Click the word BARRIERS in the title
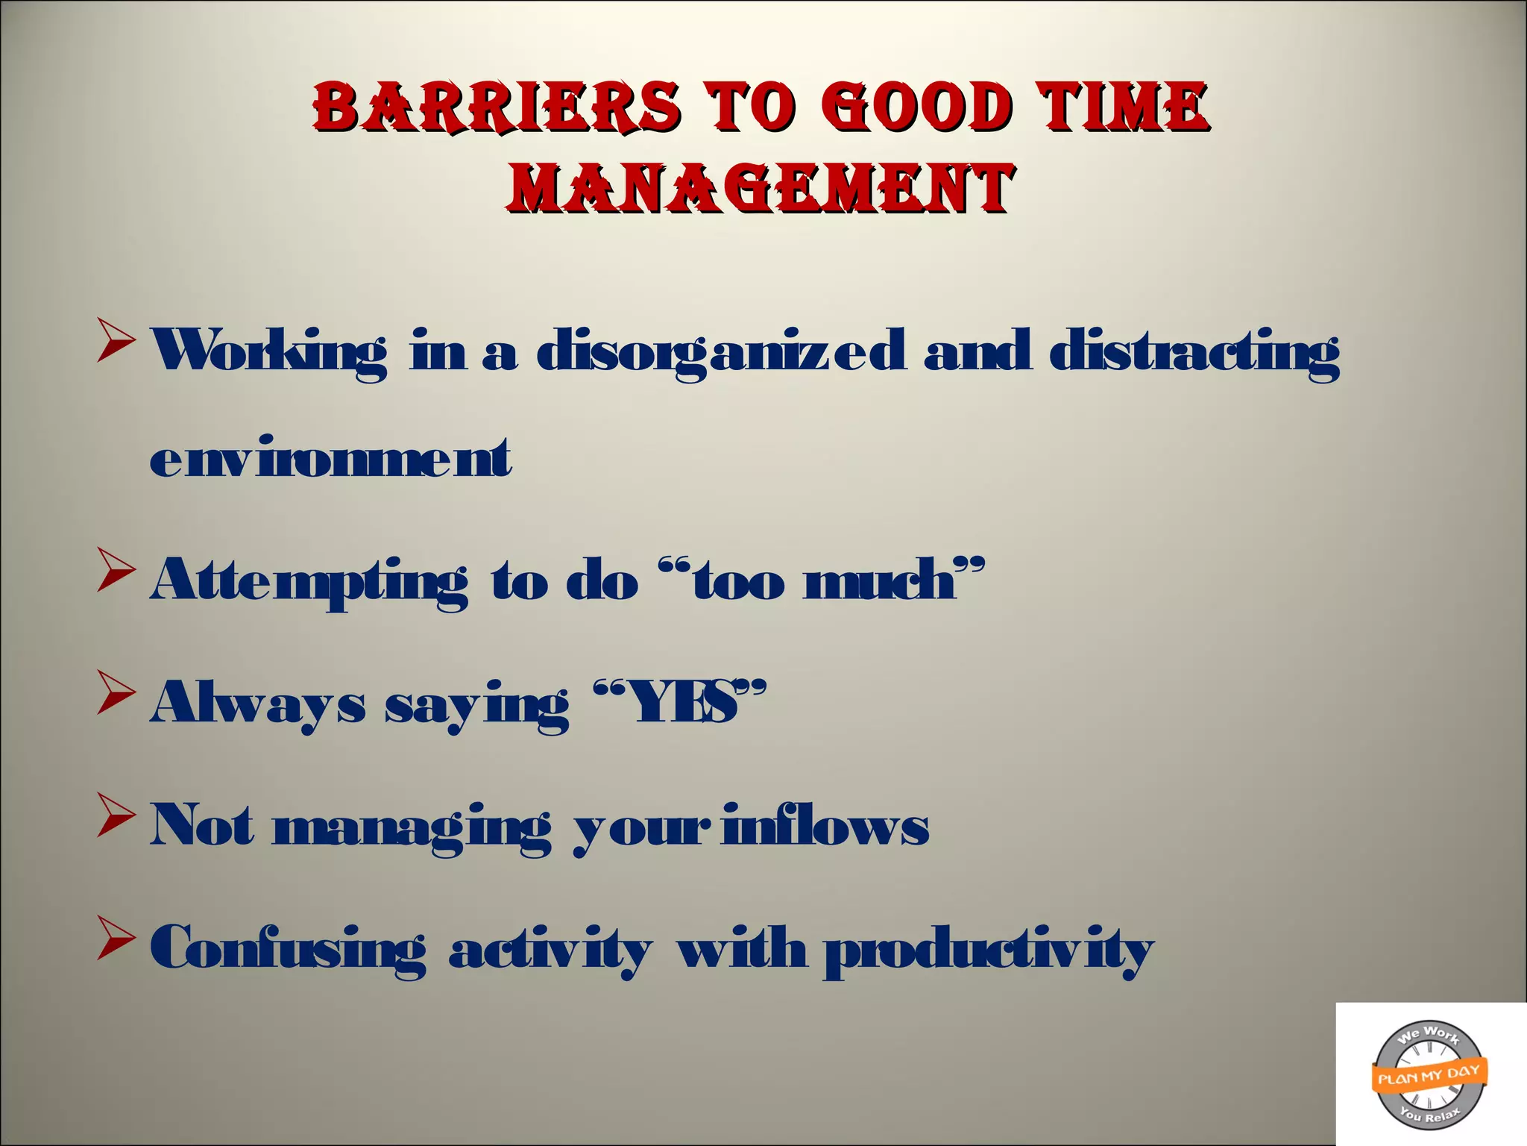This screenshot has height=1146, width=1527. click(496, 107)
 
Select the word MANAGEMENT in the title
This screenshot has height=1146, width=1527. click(761, 187)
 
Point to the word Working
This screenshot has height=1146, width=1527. click(269, 352)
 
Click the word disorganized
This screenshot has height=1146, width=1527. click(721, 352)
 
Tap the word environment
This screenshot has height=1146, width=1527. click(330, 457)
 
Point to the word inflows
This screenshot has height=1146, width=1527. click(825, 825)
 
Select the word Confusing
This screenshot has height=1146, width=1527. click(289, 949)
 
